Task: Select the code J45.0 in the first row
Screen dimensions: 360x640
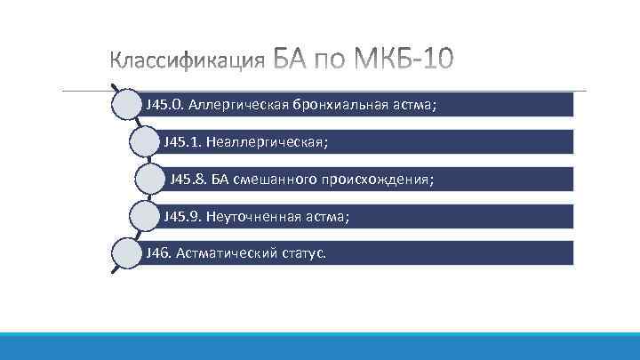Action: [164, 104]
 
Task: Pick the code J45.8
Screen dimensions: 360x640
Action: [188, 179]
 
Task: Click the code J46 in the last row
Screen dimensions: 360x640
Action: [158, 253]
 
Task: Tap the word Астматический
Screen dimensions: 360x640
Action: [222, 253]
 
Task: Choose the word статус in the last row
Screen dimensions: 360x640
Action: [302, 253]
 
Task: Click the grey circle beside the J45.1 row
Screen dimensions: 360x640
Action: [146, 141]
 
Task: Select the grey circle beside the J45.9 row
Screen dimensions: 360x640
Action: [146, 216]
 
